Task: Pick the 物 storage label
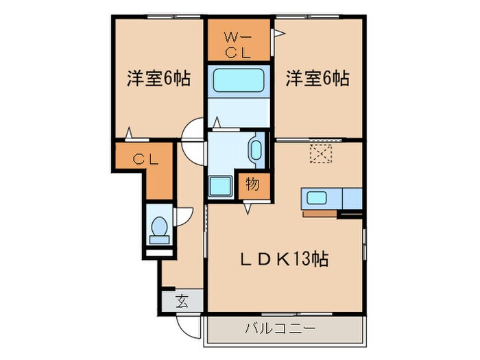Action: pyautogui.click(x=252, y=184)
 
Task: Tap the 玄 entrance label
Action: pyautogui.click(x=182, y=300)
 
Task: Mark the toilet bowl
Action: pyautogui.click(x=159, y=228)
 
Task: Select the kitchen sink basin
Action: pyautogui.click(x=316, y=198)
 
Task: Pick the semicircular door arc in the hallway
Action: pyautogui.click(x=193, y=141)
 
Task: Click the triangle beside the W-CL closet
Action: pyautogui.click(x=279, y=32)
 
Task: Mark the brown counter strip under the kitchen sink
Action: pyautogui.click(x=320, y=213)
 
